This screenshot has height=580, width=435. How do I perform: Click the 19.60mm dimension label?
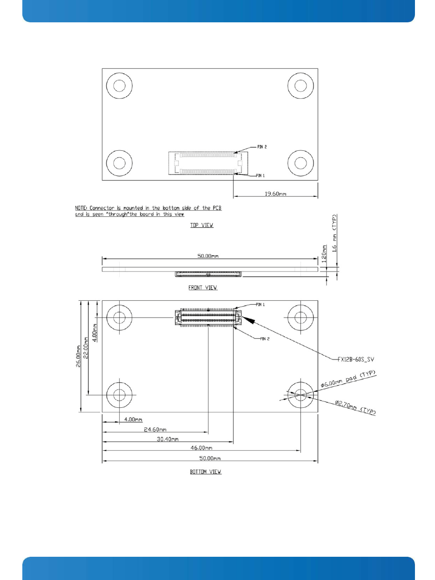pyautogui.click(x=275, y=194)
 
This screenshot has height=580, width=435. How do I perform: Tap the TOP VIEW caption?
pyautogui.click(x=201, y=225)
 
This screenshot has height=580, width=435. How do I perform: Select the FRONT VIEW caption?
pyautogui.click(x=203, y=287)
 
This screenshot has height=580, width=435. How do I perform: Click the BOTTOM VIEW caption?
pyautogui.click(x=205, y=472)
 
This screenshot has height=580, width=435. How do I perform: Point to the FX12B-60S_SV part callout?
pyautogui.click(x=356, y=359)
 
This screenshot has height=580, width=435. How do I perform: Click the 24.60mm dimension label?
pyautogui.click(x=155, y=429)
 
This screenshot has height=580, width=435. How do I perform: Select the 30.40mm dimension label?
pyautogui.click(x=168, y=439)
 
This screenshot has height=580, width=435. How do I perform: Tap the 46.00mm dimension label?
pyautogui.click(x=201, y=447)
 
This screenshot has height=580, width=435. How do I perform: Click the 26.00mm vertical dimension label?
pyautogui.click(x=78, y=356)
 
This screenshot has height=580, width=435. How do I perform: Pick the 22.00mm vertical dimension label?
pyautogui.click(x=86, y=348)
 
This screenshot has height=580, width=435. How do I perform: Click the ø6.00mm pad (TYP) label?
pyautogui.click(x=348, y=380)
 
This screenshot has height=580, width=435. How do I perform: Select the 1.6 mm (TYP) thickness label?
pyautogui.click(x=334, y=233)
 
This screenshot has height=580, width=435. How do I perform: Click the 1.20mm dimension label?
pyautogui.click(x=324, y=254)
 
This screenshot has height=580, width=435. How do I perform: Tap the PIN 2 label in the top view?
pyautogui.click(x=262, y=147)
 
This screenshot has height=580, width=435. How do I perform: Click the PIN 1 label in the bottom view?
pyautogui.click(x=260, y=305)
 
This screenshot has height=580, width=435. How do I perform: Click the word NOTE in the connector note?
pyautogui.click(x=81, y=208)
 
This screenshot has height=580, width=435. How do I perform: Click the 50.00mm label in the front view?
pyautogui.click(x=208, y=256)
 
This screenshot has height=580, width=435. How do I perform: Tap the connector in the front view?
pyautogui.click(x=208, y=274)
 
